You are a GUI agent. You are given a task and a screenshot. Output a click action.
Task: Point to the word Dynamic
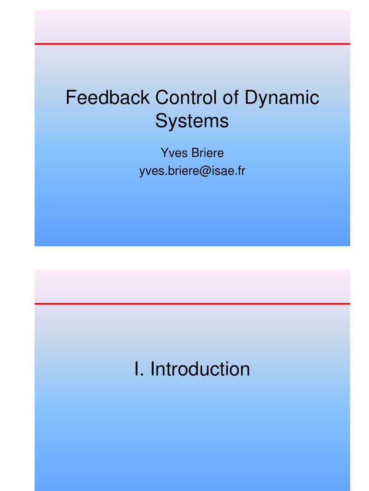[x=282, y=99]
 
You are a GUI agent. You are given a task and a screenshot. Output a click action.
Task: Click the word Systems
[x=192, y=121]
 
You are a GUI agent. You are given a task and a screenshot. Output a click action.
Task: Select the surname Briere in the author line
[x=208, y=153]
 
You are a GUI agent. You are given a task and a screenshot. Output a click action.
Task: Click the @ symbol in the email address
[x=201, y=171]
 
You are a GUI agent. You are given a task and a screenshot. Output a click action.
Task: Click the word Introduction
[x=200, y=369]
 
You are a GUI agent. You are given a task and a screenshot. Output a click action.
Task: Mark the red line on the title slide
[x=192, y=44]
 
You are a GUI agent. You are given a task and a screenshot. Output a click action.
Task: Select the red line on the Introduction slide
[x=192, y=304]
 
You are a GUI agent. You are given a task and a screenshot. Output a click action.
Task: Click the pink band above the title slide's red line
[x=192, y=26]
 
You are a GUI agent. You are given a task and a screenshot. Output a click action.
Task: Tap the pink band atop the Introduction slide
[x=192, y=286]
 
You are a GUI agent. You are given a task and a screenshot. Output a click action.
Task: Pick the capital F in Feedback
[x=70, y=98]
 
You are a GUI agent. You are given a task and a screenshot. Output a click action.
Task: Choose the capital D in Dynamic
[x=250, y=98]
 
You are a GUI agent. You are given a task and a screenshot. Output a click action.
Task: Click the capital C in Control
[x=161, y=98]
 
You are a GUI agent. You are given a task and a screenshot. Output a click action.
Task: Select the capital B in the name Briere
[x=195, y=153]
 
